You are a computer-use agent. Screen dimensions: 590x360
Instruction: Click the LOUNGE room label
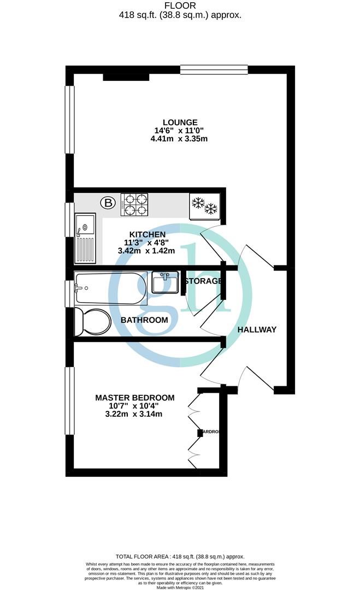[180, 122]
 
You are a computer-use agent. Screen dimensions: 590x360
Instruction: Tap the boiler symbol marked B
[108, 204]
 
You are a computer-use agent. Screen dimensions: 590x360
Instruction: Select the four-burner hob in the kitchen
[135, 204]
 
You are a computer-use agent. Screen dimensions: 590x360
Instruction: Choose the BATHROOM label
[144, 320]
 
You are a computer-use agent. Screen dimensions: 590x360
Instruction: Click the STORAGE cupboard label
[203, 281]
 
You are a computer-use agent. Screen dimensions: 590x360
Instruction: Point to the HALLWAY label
[257, 329]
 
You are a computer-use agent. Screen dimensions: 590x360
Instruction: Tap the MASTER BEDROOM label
[135, 398]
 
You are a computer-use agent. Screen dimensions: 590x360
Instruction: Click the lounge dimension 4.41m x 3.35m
[180, 139]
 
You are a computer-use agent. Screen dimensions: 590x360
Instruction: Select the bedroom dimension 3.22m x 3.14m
[135, 414]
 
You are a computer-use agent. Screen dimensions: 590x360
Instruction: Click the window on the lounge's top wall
[214, 69]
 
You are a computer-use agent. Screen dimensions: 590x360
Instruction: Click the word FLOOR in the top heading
[180, 6]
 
